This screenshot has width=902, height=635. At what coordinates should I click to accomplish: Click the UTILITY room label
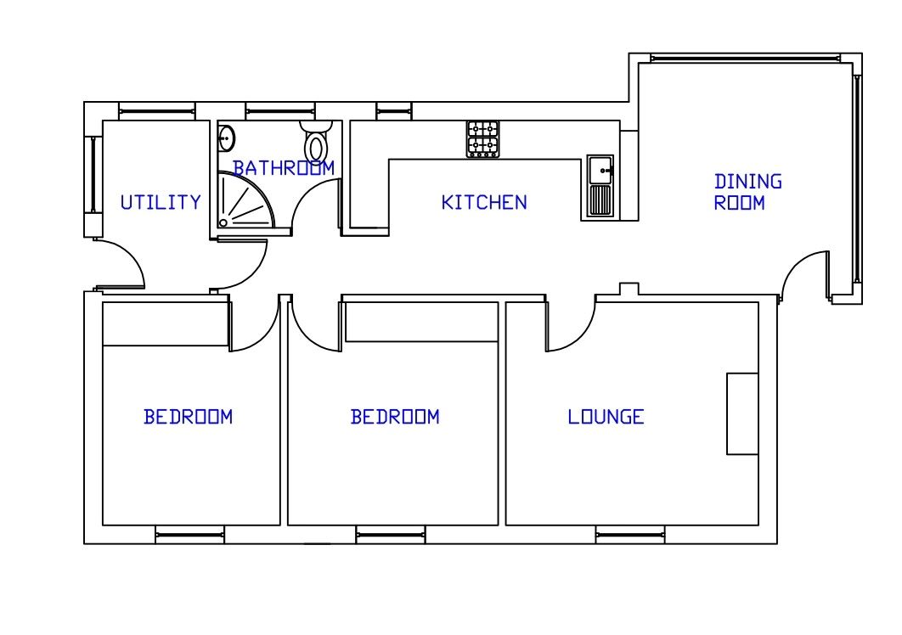tap(161, 203)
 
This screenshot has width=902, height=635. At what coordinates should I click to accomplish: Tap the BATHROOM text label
tap(284, 168)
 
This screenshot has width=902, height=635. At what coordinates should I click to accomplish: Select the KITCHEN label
tap(484, 203)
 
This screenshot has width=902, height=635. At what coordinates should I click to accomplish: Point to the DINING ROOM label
tap(747, 193)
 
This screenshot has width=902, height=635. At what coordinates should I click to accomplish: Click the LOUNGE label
tap(606, 417)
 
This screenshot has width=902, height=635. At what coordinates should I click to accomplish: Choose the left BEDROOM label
tap(188, 417)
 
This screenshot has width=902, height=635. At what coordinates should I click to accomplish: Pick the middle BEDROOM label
tap(395, 417)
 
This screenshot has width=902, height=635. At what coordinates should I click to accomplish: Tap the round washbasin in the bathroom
tap(227, 138)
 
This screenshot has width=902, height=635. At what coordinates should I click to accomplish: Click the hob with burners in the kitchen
tap(483, 139)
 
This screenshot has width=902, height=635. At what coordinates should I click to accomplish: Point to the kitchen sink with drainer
tap(600, 186)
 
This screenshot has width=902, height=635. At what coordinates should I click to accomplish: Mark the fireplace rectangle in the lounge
tap(742, 413)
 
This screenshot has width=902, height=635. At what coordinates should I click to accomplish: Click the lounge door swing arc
tap(569, 327)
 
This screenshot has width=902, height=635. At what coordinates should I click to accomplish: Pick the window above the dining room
tap(752, 58)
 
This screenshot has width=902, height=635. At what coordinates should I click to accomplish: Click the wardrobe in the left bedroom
tap(166, 323)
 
